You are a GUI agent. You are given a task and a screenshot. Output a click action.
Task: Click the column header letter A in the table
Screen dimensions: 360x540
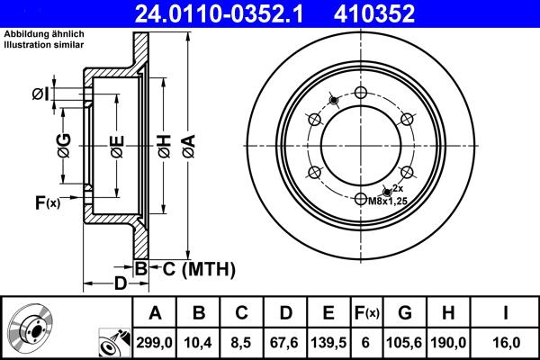click(155, 313)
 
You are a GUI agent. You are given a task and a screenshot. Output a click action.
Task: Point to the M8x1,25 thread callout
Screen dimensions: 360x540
click(388, 202)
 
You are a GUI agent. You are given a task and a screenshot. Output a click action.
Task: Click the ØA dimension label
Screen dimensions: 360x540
click(187, 144)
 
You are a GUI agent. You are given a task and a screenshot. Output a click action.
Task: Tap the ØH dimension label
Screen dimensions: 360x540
click(165, 144)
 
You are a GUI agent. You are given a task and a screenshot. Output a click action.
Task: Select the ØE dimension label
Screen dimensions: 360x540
click(117, 144)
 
